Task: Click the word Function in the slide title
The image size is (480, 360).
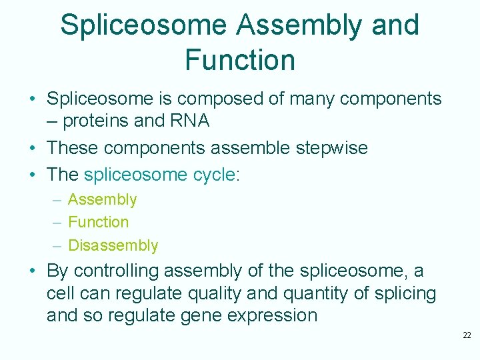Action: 240,59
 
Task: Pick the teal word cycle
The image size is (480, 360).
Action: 214,175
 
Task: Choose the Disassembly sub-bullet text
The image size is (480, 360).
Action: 113,245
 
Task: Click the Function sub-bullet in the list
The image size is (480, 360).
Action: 98,222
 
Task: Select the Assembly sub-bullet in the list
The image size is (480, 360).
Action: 102,199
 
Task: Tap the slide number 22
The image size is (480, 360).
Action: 466,335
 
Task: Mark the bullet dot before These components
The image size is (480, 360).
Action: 32,148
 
